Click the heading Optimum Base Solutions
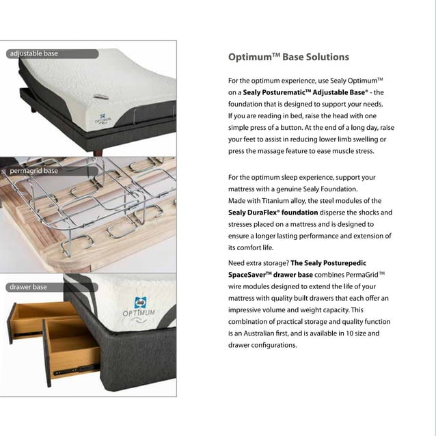coord(288,57)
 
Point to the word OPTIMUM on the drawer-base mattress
coord(140,313)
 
